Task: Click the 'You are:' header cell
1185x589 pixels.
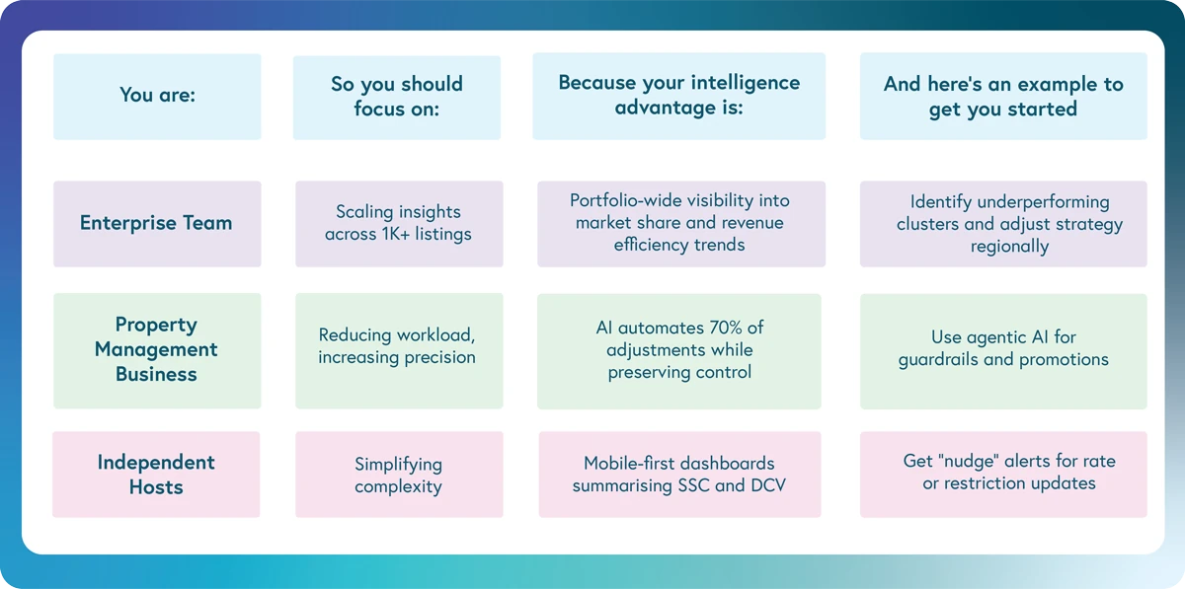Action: coord(157,96)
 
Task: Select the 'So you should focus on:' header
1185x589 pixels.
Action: coord(397,97)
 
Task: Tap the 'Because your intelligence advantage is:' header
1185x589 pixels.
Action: coord(679,96)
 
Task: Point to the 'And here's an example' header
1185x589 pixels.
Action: coord(1003,97)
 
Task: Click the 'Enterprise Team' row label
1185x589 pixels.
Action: coord(157,223)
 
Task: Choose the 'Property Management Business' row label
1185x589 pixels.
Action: coord(157,349)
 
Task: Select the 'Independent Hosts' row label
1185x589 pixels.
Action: coord(156,475)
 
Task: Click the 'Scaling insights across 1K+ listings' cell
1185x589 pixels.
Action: coord(399,223)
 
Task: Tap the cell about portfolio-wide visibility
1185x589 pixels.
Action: coord(679,223)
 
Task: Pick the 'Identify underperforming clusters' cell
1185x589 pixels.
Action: coord(1003,223)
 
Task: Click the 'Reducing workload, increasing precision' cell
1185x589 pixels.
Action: coord(398,347)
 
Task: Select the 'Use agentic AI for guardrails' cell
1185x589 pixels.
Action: coord(1003,349)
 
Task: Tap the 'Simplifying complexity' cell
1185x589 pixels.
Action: coord(399,475)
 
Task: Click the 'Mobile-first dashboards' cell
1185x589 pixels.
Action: coord(679,475)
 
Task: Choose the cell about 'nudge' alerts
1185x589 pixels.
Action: coord(1003,473)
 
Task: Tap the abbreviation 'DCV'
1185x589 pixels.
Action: coord(766,485)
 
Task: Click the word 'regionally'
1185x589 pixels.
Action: coord(1009,246)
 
